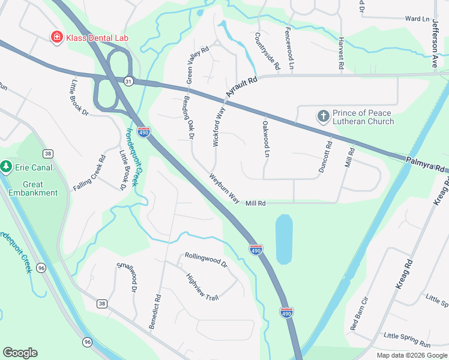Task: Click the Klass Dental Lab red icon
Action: (x=57, y=37)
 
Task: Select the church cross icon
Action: (x=323, y=116)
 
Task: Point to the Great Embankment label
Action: (x=33, y=188)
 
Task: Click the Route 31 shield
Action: (x=128, y=80)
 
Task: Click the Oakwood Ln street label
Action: (x=265, y=139)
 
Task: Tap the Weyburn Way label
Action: (x=224, y=188)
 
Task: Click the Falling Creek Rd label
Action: (x=89, y=173)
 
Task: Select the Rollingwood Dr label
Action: (x=206, y=260)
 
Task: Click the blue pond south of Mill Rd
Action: (x=284, y=239)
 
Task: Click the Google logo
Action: (x=20, y=353)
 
